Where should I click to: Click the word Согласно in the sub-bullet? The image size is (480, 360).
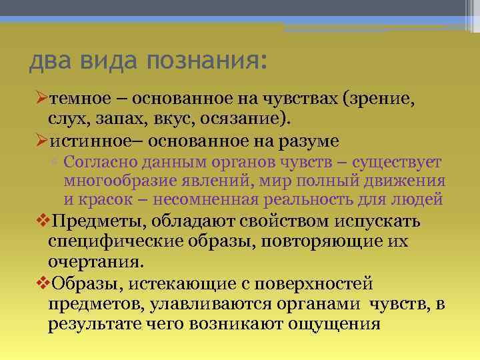101,163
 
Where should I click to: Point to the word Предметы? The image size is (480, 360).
94,221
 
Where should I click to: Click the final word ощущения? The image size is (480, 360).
334,324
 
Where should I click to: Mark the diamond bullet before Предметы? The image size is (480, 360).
39,221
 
